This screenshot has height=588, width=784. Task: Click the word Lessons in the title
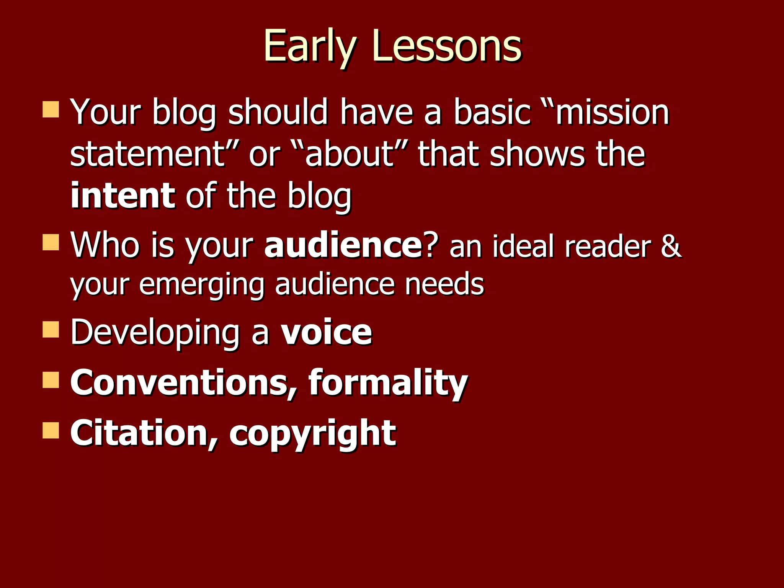point(446,47)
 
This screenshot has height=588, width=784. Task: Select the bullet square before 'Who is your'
point(51,242)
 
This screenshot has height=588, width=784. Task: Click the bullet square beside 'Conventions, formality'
point(51,380)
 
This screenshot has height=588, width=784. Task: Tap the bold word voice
point(326,332)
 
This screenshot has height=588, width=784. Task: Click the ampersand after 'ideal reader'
point(671,246)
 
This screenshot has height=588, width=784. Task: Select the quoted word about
point(350,154)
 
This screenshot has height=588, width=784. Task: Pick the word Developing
point(155,333)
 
